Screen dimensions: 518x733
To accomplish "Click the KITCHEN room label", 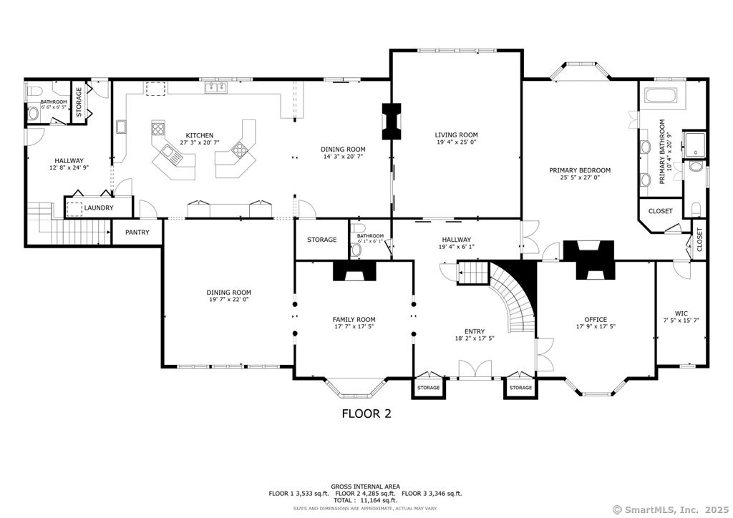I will (x=199, y=135).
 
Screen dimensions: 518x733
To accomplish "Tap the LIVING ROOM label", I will (x=456, y=135).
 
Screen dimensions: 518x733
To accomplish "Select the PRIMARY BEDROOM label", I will (x=580, y=170).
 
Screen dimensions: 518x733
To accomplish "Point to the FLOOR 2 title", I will (x=366, y=414).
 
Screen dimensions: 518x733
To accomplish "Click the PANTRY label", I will (x=137, y=233).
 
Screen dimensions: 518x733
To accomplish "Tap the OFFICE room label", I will (x=596, y=320).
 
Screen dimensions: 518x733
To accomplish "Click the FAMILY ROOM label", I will (x=354, y=320).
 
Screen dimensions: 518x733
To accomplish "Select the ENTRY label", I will (x=475, y=331).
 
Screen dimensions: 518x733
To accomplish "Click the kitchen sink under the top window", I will (x=215, y=88).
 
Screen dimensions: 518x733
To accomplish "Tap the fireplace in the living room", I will (x=392, y=122).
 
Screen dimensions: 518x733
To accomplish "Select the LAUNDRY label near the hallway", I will (x=98, y=208).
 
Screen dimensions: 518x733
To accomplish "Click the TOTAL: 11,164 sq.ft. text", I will (x=366, y=501).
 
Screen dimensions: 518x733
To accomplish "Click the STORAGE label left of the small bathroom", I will (x=322, y=240).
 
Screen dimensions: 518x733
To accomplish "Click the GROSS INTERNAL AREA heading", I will (x=366, y=486).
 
